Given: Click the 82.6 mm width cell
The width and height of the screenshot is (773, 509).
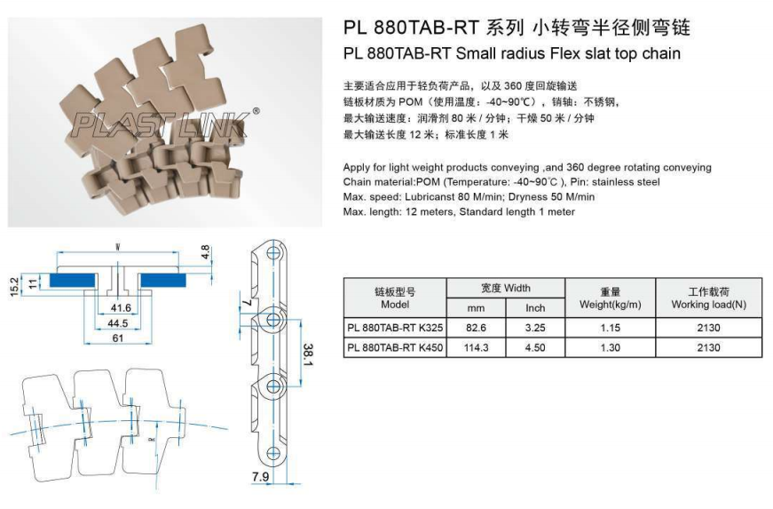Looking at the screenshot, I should pos(477,328).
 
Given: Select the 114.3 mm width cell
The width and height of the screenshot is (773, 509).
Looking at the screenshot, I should pos(477,347).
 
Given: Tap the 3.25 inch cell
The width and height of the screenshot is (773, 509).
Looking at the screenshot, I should pos(535,328).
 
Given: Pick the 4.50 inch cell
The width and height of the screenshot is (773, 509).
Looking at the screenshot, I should pos(535,347).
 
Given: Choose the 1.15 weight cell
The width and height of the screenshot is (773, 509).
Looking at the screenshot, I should pos(610,328).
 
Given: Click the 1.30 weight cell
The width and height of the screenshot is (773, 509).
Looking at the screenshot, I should pos(610,347).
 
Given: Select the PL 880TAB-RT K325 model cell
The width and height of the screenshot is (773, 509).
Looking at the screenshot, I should pos(394,328).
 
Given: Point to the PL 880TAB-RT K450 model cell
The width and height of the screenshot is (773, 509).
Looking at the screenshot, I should pos(394,347).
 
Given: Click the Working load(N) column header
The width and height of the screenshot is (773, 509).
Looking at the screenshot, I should pos(708,298).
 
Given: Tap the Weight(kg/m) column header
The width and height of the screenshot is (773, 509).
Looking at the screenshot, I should pos(610,298).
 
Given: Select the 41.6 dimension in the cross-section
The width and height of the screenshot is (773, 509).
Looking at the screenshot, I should pos(121,307).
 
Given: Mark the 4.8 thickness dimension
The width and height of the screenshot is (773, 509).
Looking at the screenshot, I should pos(206,253).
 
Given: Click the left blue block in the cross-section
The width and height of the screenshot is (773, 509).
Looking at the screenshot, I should pos(74,280).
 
